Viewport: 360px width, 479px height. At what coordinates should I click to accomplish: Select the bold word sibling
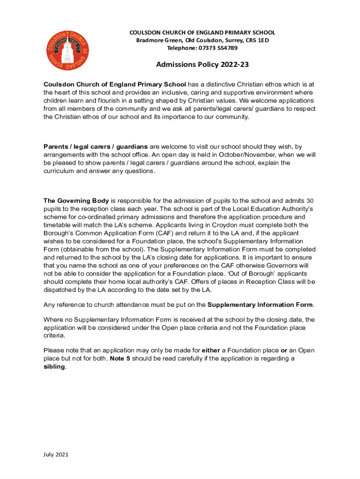pyautogui.click(x=54, y=367)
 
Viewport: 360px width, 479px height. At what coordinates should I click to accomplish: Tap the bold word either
pyautogui.click(x=210, y=350)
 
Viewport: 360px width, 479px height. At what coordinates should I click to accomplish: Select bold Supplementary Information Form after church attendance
pyautogui.click(x=260, y=305)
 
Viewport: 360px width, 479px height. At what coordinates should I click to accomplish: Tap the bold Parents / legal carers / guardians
pyautogui.click(x=96, y=146)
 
